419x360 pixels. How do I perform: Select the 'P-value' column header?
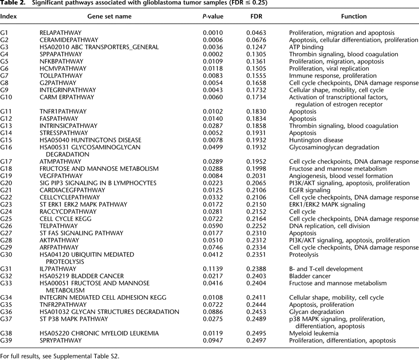pos(213,16)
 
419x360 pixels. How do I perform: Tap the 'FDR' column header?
pos(256,16)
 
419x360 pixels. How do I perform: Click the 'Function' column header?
pos(354,16)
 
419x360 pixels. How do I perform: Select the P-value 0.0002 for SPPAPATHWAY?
pos(213,54)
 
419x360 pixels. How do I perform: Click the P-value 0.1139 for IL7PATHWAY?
pos(213,269)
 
